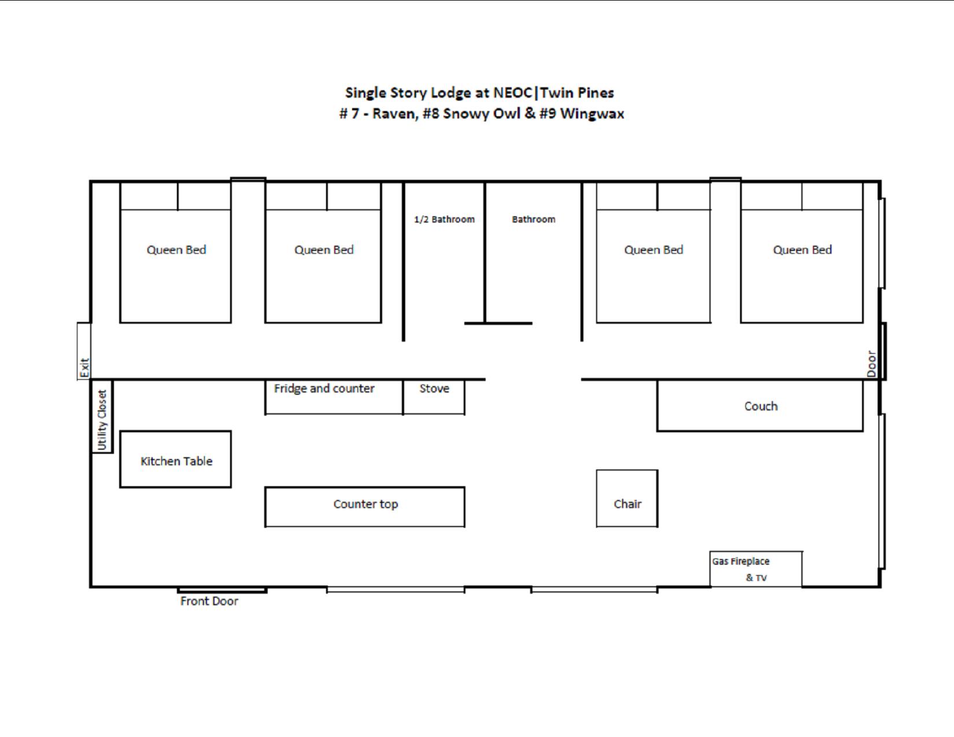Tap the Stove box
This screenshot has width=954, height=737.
(x=434, y=397)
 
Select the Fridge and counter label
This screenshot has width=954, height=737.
(x=324, y=388)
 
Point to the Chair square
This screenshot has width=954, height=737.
(x=627, y=498)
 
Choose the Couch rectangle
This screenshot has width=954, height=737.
(x=760, y=406)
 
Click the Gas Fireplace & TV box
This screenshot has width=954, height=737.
(x=756, y=569)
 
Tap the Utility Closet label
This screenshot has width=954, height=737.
(x=102, y=420)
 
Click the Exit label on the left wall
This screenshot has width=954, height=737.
(x=84, y=368)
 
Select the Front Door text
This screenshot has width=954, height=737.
(x=209, y=601)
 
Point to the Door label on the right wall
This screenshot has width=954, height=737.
(x=871, y=364)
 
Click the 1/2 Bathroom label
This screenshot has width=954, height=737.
(x=444, y=219)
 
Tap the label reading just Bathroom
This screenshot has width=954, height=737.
(x=533, y=219)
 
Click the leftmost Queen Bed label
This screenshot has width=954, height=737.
(x=176, y=250)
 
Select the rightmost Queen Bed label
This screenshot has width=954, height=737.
(x=802, y=250)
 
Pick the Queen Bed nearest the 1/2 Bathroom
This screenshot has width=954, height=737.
(x=324, y=250)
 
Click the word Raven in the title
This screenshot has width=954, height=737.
(x=394, y=113)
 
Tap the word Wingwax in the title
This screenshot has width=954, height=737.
(x=591, y=113)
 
